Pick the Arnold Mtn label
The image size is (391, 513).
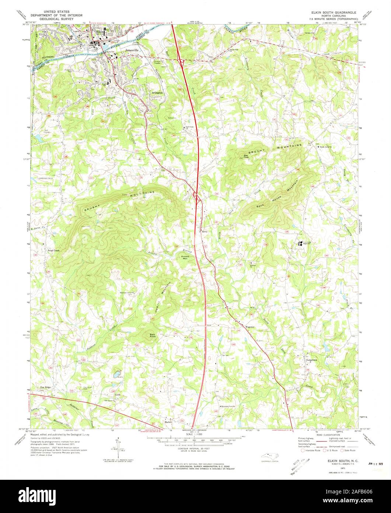point(185,257)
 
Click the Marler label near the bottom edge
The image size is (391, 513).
point(169,422)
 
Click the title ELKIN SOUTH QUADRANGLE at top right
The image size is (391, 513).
point(331,12)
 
